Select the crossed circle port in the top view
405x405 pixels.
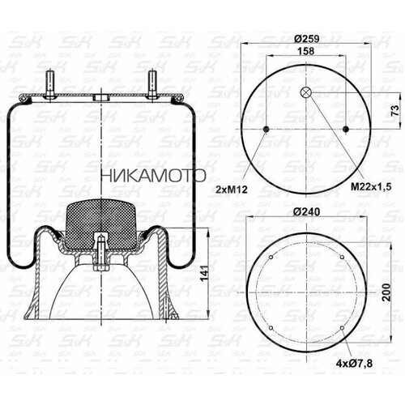(305, 92)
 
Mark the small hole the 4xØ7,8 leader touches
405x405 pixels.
(343, 328)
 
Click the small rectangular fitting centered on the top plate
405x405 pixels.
(100, 99)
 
